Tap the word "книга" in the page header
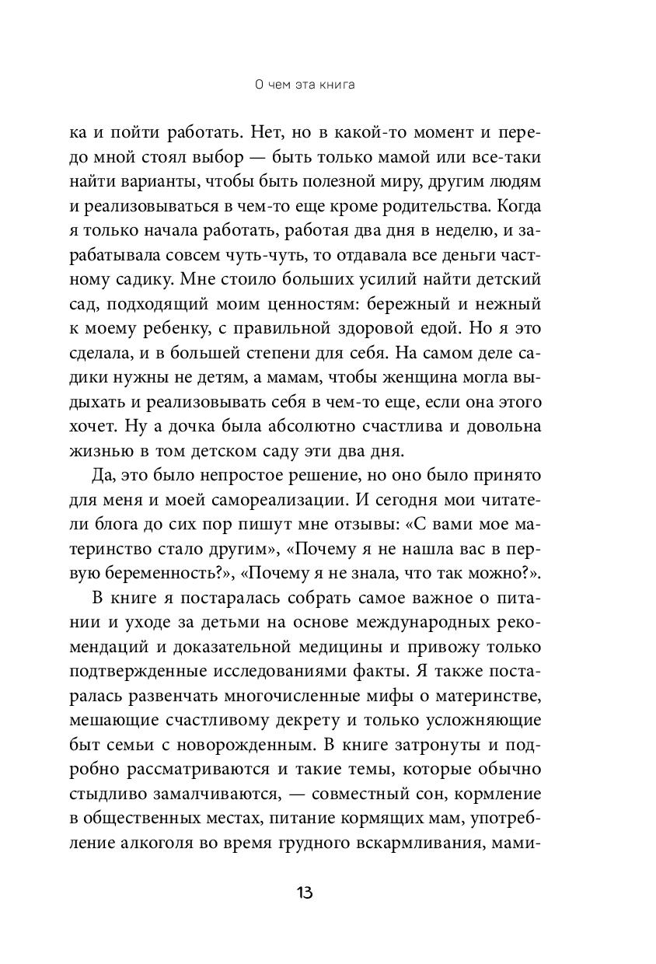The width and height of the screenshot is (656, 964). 336,85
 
